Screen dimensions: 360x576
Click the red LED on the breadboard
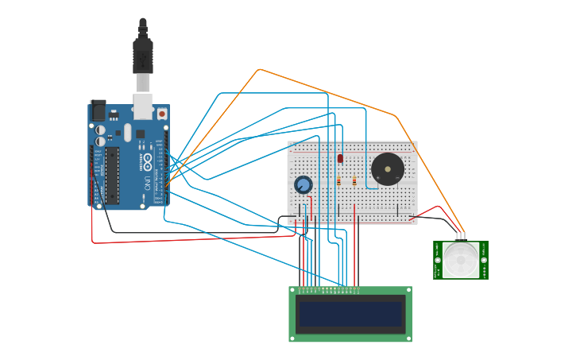pos(340,158)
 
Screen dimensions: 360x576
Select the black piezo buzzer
pos(388,169)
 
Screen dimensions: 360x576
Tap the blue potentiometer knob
pos(303,185)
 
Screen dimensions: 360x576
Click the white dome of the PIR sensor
pos(461,260)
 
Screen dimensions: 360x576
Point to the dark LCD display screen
pos(350,314)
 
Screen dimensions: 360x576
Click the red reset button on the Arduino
pos(162,114)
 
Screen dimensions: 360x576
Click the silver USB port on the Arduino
pos(143,106)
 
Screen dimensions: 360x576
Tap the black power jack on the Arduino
pos(99,110)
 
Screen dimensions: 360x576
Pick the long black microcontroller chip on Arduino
pos(112,174)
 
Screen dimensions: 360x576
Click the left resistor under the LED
pos(338,181)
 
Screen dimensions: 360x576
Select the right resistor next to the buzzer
pos(354,181)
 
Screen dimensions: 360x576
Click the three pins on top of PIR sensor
pos(461,236)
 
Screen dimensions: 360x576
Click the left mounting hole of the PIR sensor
pos(438,260)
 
